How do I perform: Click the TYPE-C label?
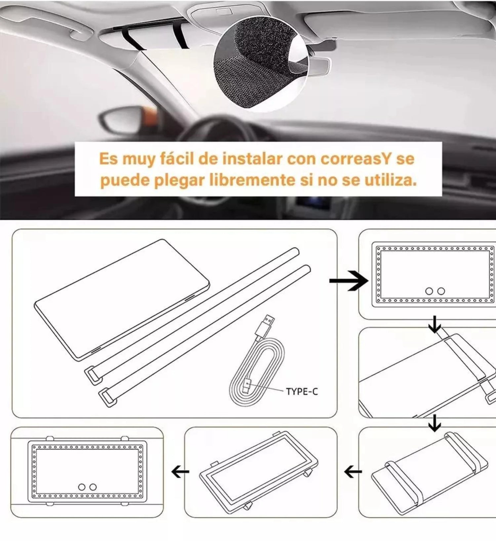(x=302, y=392)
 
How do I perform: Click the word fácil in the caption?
(x=177, y=159)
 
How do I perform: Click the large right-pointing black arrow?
(x=349, y=281)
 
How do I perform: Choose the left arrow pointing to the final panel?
(x=181, y=473)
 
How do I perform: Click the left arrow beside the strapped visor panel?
(x=353, y=473)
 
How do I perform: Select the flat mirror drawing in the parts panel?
(x=122, y=299)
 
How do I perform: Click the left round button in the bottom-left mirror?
(x=82, y=487)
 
